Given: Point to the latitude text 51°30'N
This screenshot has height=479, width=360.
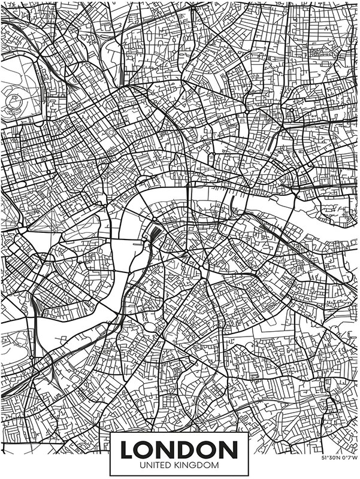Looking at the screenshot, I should coord(331,458).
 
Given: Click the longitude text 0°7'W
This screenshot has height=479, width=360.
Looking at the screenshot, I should coord(349,458).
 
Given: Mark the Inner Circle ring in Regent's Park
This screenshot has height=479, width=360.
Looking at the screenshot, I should coord(13,99).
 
